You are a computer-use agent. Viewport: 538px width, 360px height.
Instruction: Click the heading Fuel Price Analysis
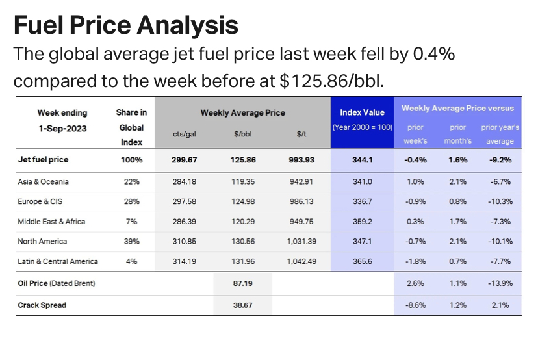(x=126, y=25)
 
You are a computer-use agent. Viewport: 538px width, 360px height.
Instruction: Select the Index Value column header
(x=362, y=112)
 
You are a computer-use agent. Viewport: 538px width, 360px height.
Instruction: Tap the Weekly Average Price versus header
(x=457, y=109)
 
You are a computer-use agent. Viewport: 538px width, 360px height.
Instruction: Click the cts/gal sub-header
(x=185, y=134)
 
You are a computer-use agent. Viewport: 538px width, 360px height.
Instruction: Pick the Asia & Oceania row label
(x=43, y=182)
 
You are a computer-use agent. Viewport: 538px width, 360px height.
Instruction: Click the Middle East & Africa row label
(x=51, y=222)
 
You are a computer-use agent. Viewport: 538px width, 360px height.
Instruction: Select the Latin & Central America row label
(x=58, y=261)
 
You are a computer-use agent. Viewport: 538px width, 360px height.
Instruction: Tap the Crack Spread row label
(x=42, y=305)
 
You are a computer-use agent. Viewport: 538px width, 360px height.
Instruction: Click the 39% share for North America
(x=131, y=242)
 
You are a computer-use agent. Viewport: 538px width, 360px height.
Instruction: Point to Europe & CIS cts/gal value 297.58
(x=185, y=201)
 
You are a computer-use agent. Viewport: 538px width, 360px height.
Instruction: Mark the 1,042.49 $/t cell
(x=301, y=261)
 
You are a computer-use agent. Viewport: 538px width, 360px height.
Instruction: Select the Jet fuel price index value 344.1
(x=362, y=159)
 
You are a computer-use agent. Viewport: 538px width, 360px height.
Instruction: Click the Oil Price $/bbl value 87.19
(x=243, y=284)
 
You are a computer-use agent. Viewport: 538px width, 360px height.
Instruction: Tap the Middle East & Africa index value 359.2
(x=362, y=222)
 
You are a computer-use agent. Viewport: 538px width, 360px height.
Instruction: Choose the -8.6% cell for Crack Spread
(x=415, y=305)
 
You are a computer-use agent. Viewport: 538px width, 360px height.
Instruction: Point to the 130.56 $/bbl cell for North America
(x=243, y=242)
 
